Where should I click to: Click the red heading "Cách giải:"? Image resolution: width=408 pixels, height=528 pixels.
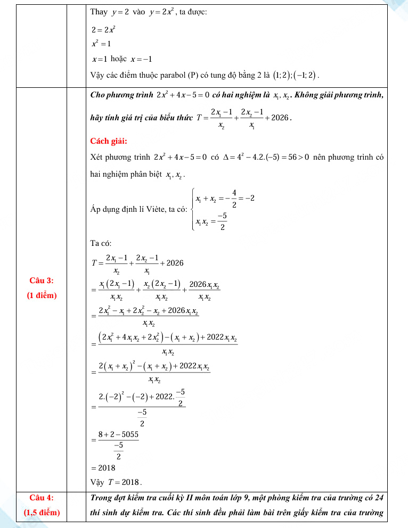pos(109,141)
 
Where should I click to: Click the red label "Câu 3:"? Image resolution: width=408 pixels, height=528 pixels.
pos(41,280)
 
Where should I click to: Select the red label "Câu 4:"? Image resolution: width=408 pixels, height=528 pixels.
pos(41,498)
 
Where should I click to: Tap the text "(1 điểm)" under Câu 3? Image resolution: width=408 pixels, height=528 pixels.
pos(42,295)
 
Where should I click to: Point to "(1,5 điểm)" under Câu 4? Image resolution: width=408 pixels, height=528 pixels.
pos(42,513)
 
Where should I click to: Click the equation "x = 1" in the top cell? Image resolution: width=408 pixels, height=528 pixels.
pos(100,59)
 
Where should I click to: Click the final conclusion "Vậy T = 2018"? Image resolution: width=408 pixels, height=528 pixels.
pos(116,482)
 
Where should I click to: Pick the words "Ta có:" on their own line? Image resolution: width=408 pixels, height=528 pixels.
pos(101,243)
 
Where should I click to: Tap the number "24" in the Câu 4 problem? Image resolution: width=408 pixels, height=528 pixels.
pos(379,498)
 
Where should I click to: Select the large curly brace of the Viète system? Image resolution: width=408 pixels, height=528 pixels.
pos(192,209)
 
